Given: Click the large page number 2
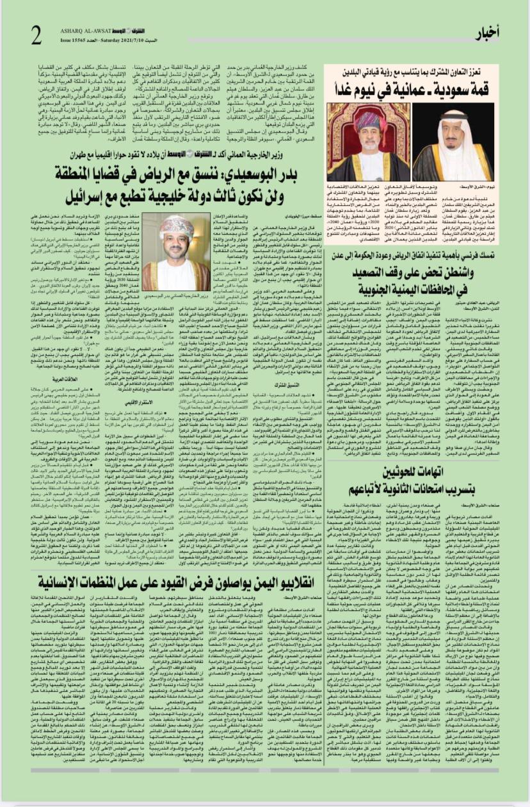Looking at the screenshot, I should pos(36,33).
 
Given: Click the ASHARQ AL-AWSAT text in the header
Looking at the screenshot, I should pos(91,31).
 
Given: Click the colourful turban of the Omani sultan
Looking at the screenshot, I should pos(367,122).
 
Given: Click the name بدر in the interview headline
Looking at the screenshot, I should pos(291,173).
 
